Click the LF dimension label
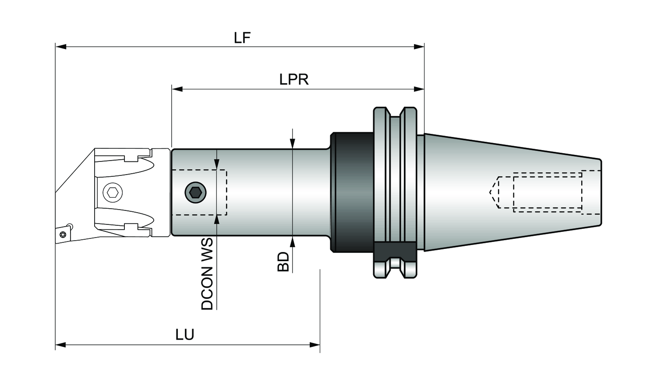click(242, 38)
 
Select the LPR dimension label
click(294, 80)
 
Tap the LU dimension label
click(185, 335)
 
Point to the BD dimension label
click(283, 262)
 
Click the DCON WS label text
click(207, 274)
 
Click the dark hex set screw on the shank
click(195, 192)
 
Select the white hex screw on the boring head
click(113, 192)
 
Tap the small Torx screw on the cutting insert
click(62, 234)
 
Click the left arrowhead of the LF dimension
click(61, 46)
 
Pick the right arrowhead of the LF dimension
click(419, 46)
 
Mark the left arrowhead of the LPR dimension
click(177, 89)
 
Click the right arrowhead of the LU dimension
click(314, 345)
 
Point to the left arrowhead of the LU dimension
click(61, 345)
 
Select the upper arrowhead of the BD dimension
click(293, 143)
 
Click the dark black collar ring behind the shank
click(352, 192)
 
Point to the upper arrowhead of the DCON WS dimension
click(217, 164)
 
